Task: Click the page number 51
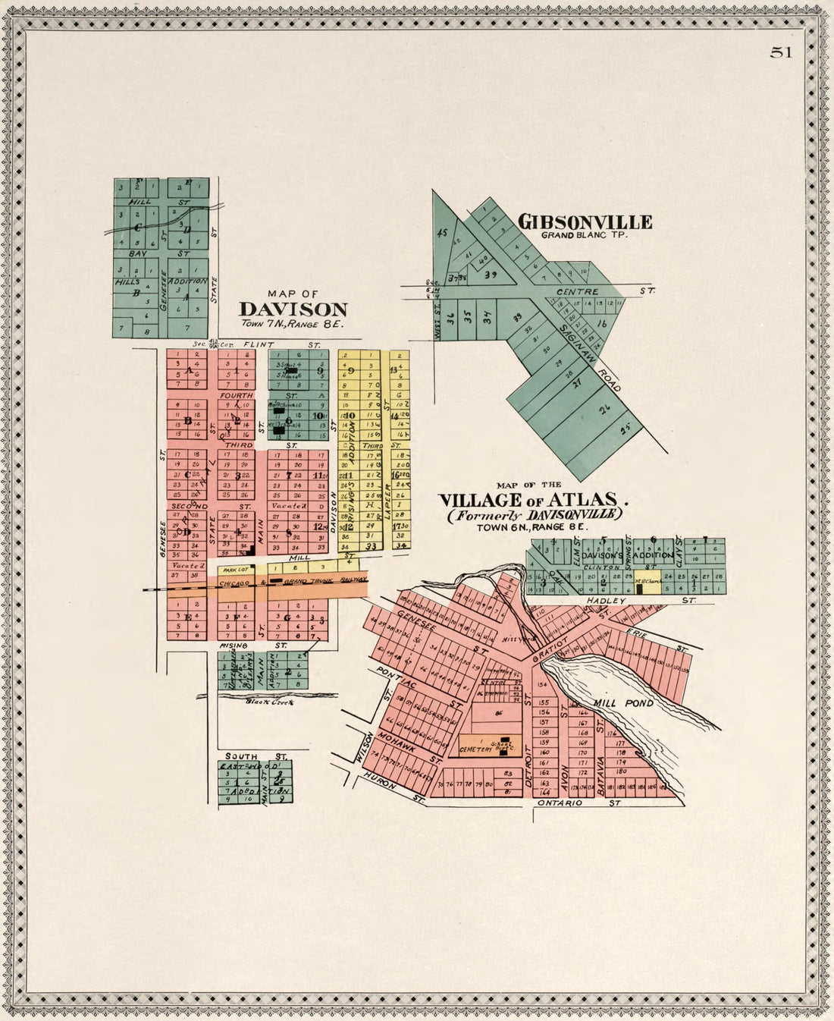(781, 52)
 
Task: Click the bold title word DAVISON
(293, 309)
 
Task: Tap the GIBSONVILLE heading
(585, 221)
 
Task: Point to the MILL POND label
(623, 703)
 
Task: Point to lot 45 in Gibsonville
(443, 233)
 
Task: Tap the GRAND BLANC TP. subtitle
(585, 234)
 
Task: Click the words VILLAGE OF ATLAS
(534, 500)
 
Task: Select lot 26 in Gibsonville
(604, 411)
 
